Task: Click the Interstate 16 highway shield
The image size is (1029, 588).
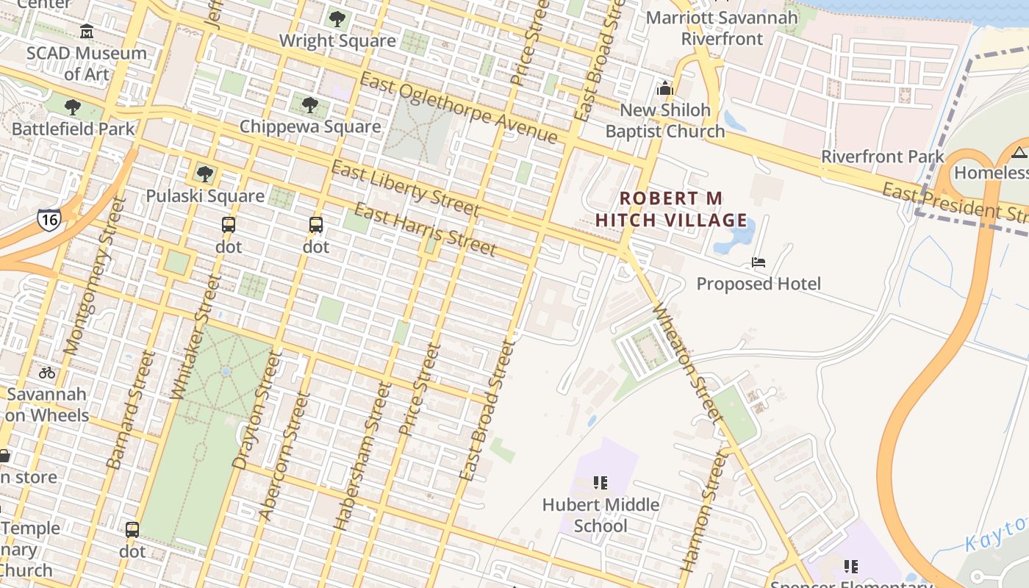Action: [x=49, y=220]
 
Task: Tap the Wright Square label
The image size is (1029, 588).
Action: [x=337, y=40]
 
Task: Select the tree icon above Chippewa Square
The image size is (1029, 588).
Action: [x=310, y=105]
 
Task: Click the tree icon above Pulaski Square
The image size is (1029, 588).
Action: [x=205, y=174]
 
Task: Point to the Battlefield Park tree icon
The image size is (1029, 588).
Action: [x=73, y=107]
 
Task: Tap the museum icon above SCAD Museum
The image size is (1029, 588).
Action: [x=87, y=31]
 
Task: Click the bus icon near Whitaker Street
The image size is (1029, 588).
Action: [x=229, y=225]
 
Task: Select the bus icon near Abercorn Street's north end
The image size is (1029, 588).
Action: [x=316, y=225]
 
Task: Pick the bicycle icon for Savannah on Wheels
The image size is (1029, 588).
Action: [x=47, y=373]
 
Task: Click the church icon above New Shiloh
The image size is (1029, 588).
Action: [x=665, y=89]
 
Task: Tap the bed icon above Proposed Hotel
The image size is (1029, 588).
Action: [x=759, y=262]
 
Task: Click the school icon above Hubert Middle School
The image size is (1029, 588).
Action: [x=600, y=483]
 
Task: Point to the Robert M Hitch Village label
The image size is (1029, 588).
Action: [x=671, y=209]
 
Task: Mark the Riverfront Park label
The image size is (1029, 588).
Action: [x=882, y=157]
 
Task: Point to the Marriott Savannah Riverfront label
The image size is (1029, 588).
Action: [x=723, y=28]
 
